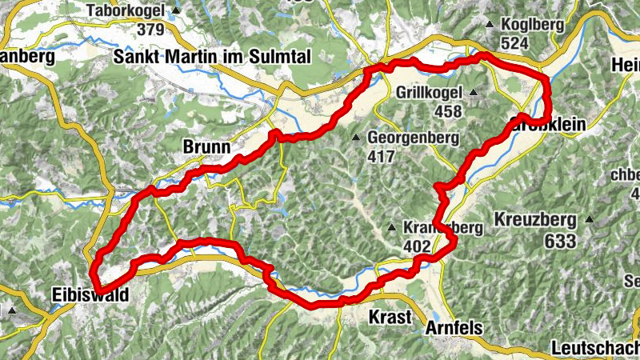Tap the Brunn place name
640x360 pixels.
206,147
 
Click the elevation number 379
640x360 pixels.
150,30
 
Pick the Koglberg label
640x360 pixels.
533,25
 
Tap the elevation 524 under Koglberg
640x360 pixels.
514,42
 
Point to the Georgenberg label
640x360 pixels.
413,138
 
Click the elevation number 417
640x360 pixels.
381,156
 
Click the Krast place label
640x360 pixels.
390,317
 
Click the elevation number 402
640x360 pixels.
417,247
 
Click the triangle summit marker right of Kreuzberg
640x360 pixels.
590,218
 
